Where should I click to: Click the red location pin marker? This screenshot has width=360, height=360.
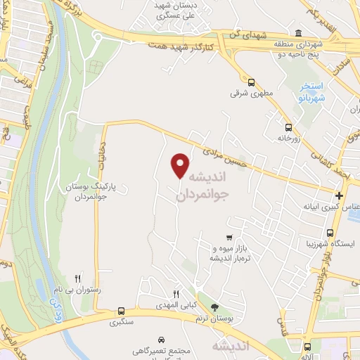[180, 165]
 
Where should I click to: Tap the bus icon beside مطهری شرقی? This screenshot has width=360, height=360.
[251, 82]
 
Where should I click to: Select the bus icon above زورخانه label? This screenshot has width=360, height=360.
[288, 129]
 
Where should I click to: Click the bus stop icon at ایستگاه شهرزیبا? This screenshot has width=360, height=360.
[330, 233]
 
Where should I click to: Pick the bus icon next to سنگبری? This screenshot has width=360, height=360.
[121, 311]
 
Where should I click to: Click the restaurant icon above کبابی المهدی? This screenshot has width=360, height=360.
[176, 294]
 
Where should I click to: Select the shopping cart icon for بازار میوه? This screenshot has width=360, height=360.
[229, 238]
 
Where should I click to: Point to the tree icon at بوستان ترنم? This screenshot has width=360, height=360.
[214, 307]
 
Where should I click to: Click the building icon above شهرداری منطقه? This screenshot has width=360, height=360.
[300, 34]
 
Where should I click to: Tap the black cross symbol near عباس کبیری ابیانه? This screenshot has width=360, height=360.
[340, 195]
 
